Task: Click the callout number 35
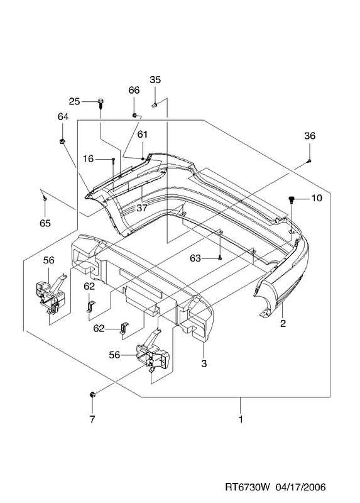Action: pos(155,80)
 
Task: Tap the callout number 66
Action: pos(134,90)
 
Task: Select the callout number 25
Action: pos(74,101)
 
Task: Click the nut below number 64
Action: pos(62,141)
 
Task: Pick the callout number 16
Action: pos(88,159)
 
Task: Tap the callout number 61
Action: pos(143,135)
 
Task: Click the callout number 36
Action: pos(310,136)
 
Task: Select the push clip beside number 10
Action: pos(292,200)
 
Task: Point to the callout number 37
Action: pos(142,208)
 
